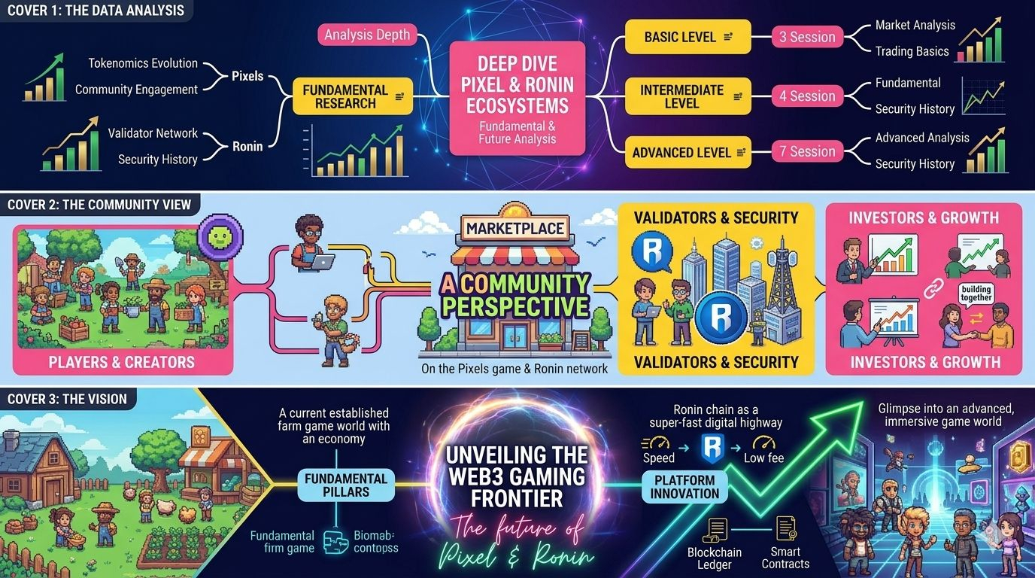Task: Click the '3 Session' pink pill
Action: tap(806, 37)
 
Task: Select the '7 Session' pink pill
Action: tap(806, 151)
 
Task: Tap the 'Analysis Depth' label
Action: tap(367, 35)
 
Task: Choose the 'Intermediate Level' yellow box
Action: tap(687, 96)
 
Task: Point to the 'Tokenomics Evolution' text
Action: tap(143, 63)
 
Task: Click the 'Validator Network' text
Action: tap(153, 133)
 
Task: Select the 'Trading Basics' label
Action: tap(912, 51)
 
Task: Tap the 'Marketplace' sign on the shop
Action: tap(516, 228)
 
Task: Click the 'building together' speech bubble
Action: tap(976, 293)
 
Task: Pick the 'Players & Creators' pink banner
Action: tap(122, 361)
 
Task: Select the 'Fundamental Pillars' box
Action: tap(346, 485)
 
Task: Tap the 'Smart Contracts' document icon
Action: tap(786, 529)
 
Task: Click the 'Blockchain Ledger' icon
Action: tap(715, 531)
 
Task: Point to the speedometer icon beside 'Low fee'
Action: tap(764, 443)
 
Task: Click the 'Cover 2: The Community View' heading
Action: tap(99, 204)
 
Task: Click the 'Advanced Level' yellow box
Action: tap(687, 152)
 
